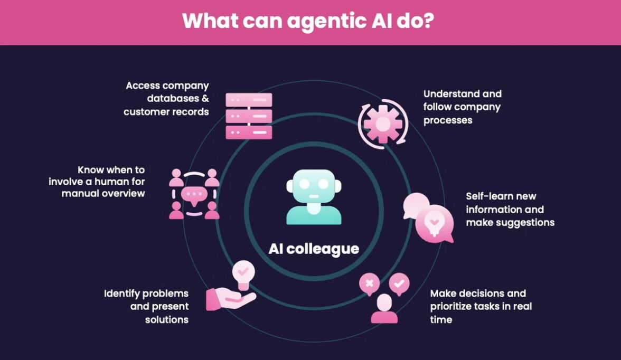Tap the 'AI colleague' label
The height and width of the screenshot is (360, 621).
(x=314, y=249)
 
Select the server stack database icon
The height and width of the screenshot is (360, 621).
(x=249, y=116)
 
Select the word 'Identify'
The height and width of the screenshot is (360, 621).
(x=124, y=293)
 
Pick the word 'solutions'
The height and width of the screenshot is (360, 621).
(x=167, y=320)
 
